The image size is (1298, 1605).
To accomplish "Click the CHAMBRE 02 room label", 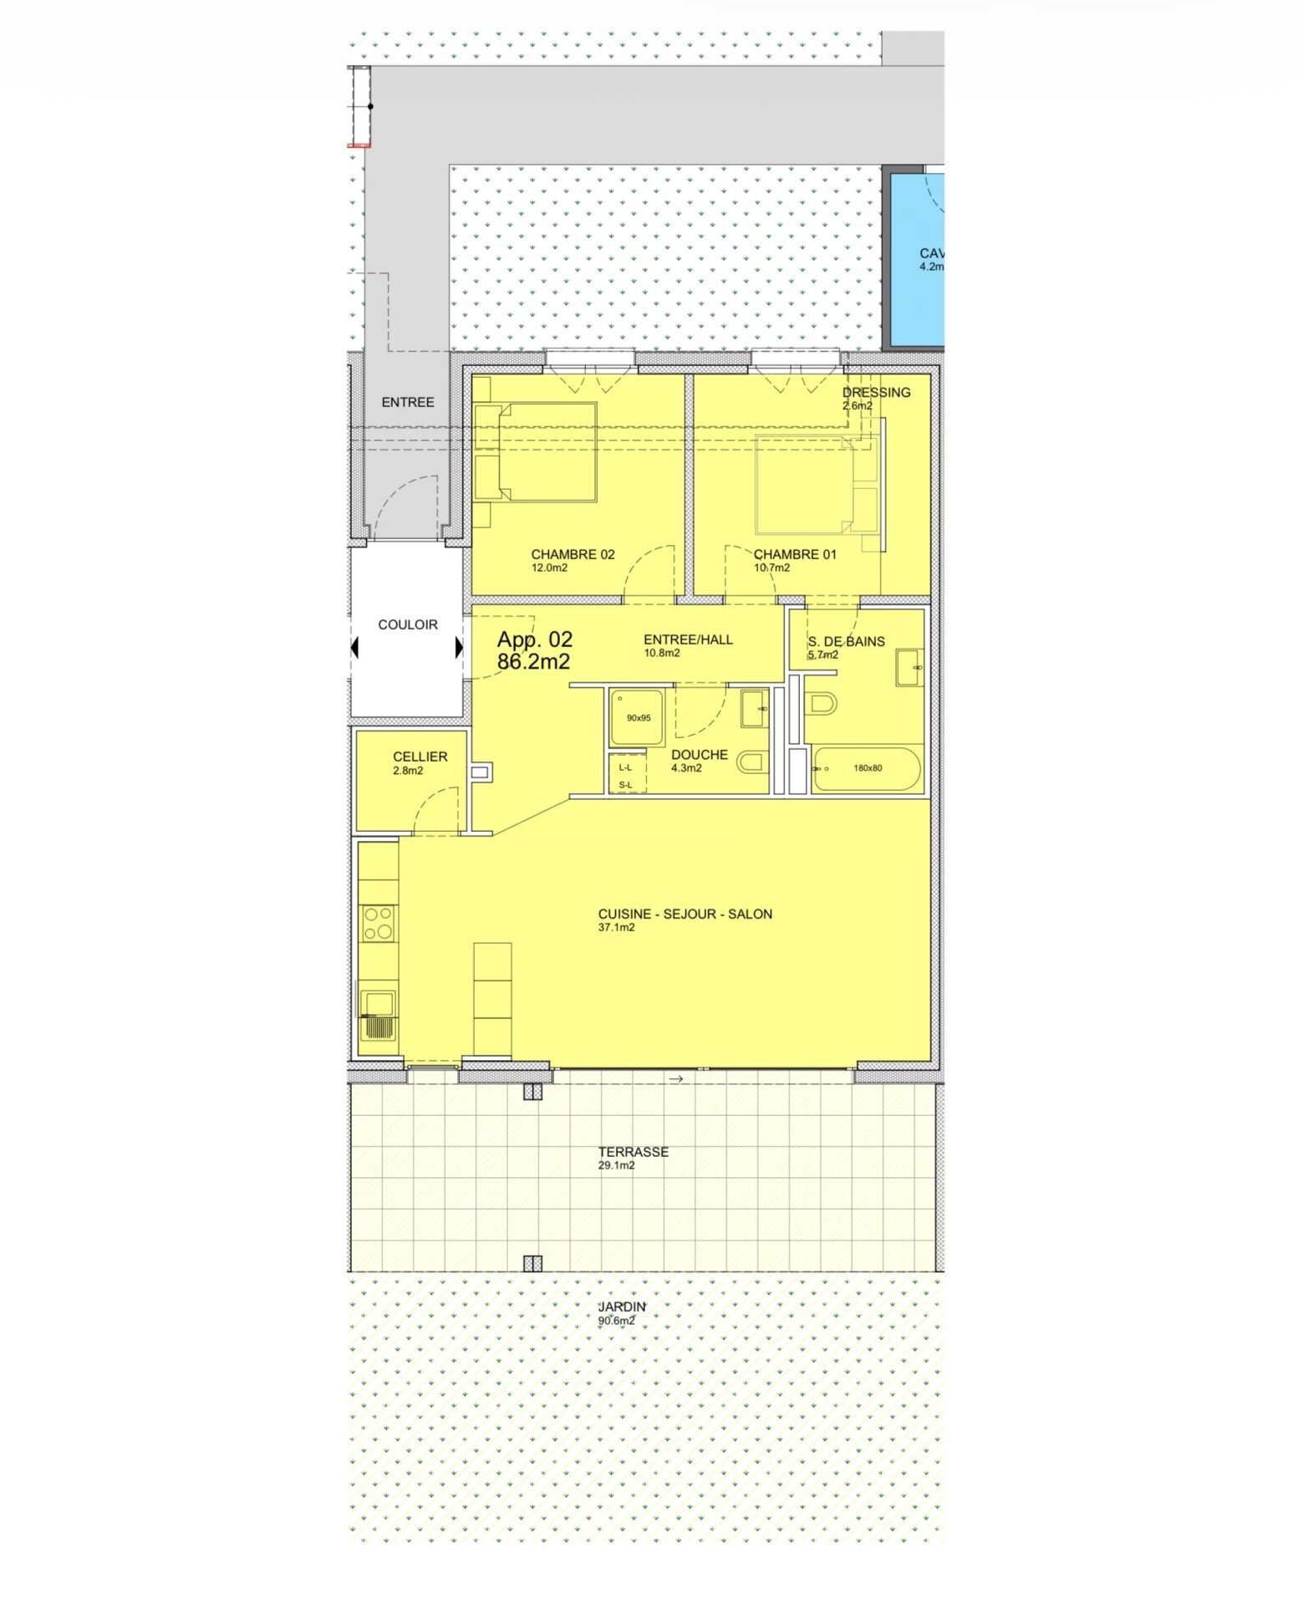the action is (573, 554).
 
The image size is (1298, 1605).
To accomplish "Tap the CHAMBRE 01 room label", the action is (795, 554).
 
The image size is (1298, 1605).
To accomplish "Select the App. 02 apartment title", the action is (535, 640).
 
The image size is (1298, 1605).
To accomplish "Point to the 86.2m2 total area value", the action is (533, 662).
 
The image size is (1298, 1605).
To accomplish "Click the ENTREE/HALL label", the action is (688, 639).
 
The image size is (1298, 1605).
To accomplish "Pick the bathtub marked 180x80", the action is (866, 768).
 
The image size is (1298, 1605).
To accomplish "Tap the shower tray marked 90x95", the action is (637, 717).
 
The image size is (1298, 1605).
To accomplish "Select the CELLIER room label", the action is (420, 757).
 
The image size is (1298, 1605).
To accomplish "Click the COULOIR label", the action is (408, 624).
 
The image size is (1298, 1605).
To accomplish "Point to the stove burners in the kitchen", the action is (379, 923).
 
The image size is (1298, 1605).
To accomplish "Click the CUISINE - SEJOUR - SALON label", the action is (685, 914).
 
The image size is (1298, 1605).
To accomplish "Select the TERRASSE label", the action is (634, 1152).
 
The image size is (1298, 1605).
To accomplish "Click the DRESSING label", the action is (877, 392).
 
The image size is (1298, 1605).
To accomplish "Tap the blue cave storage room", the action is (917, 259).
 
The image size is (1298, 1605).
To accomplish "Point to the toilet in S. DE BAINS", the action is (821, 704).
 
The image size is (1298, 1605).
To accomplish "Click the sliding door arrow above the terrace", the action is (676, 1079).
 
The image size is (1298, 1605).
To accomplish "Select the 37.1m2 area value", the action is (616, 928).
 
